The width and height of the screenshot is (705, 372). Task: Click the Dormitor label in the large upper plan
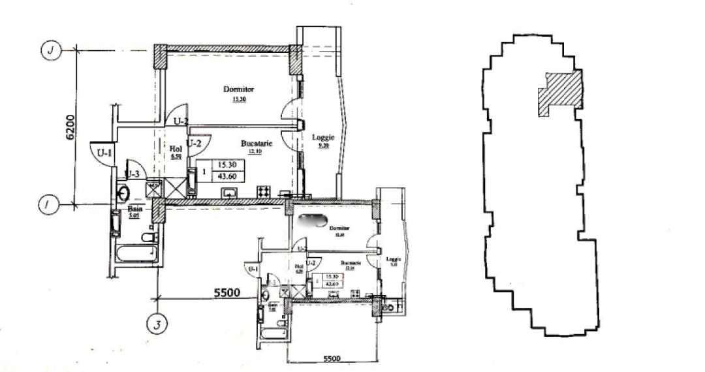click(238, 89)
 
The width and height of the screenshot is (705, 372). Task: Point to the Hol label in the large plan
click(176, 149)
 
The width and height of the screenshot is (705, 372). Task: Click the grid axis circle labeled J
click(50, 50)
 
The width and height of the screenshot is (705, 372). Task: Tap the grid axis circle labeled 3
click(157, 323)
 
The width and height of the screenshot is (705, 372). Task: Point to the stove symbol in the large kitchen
click(264, 191)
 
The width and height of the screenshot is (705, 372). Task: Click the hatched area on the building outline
click(559, 93)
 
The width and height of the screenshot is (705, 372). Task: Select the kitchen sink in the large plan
click(230, 192)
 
